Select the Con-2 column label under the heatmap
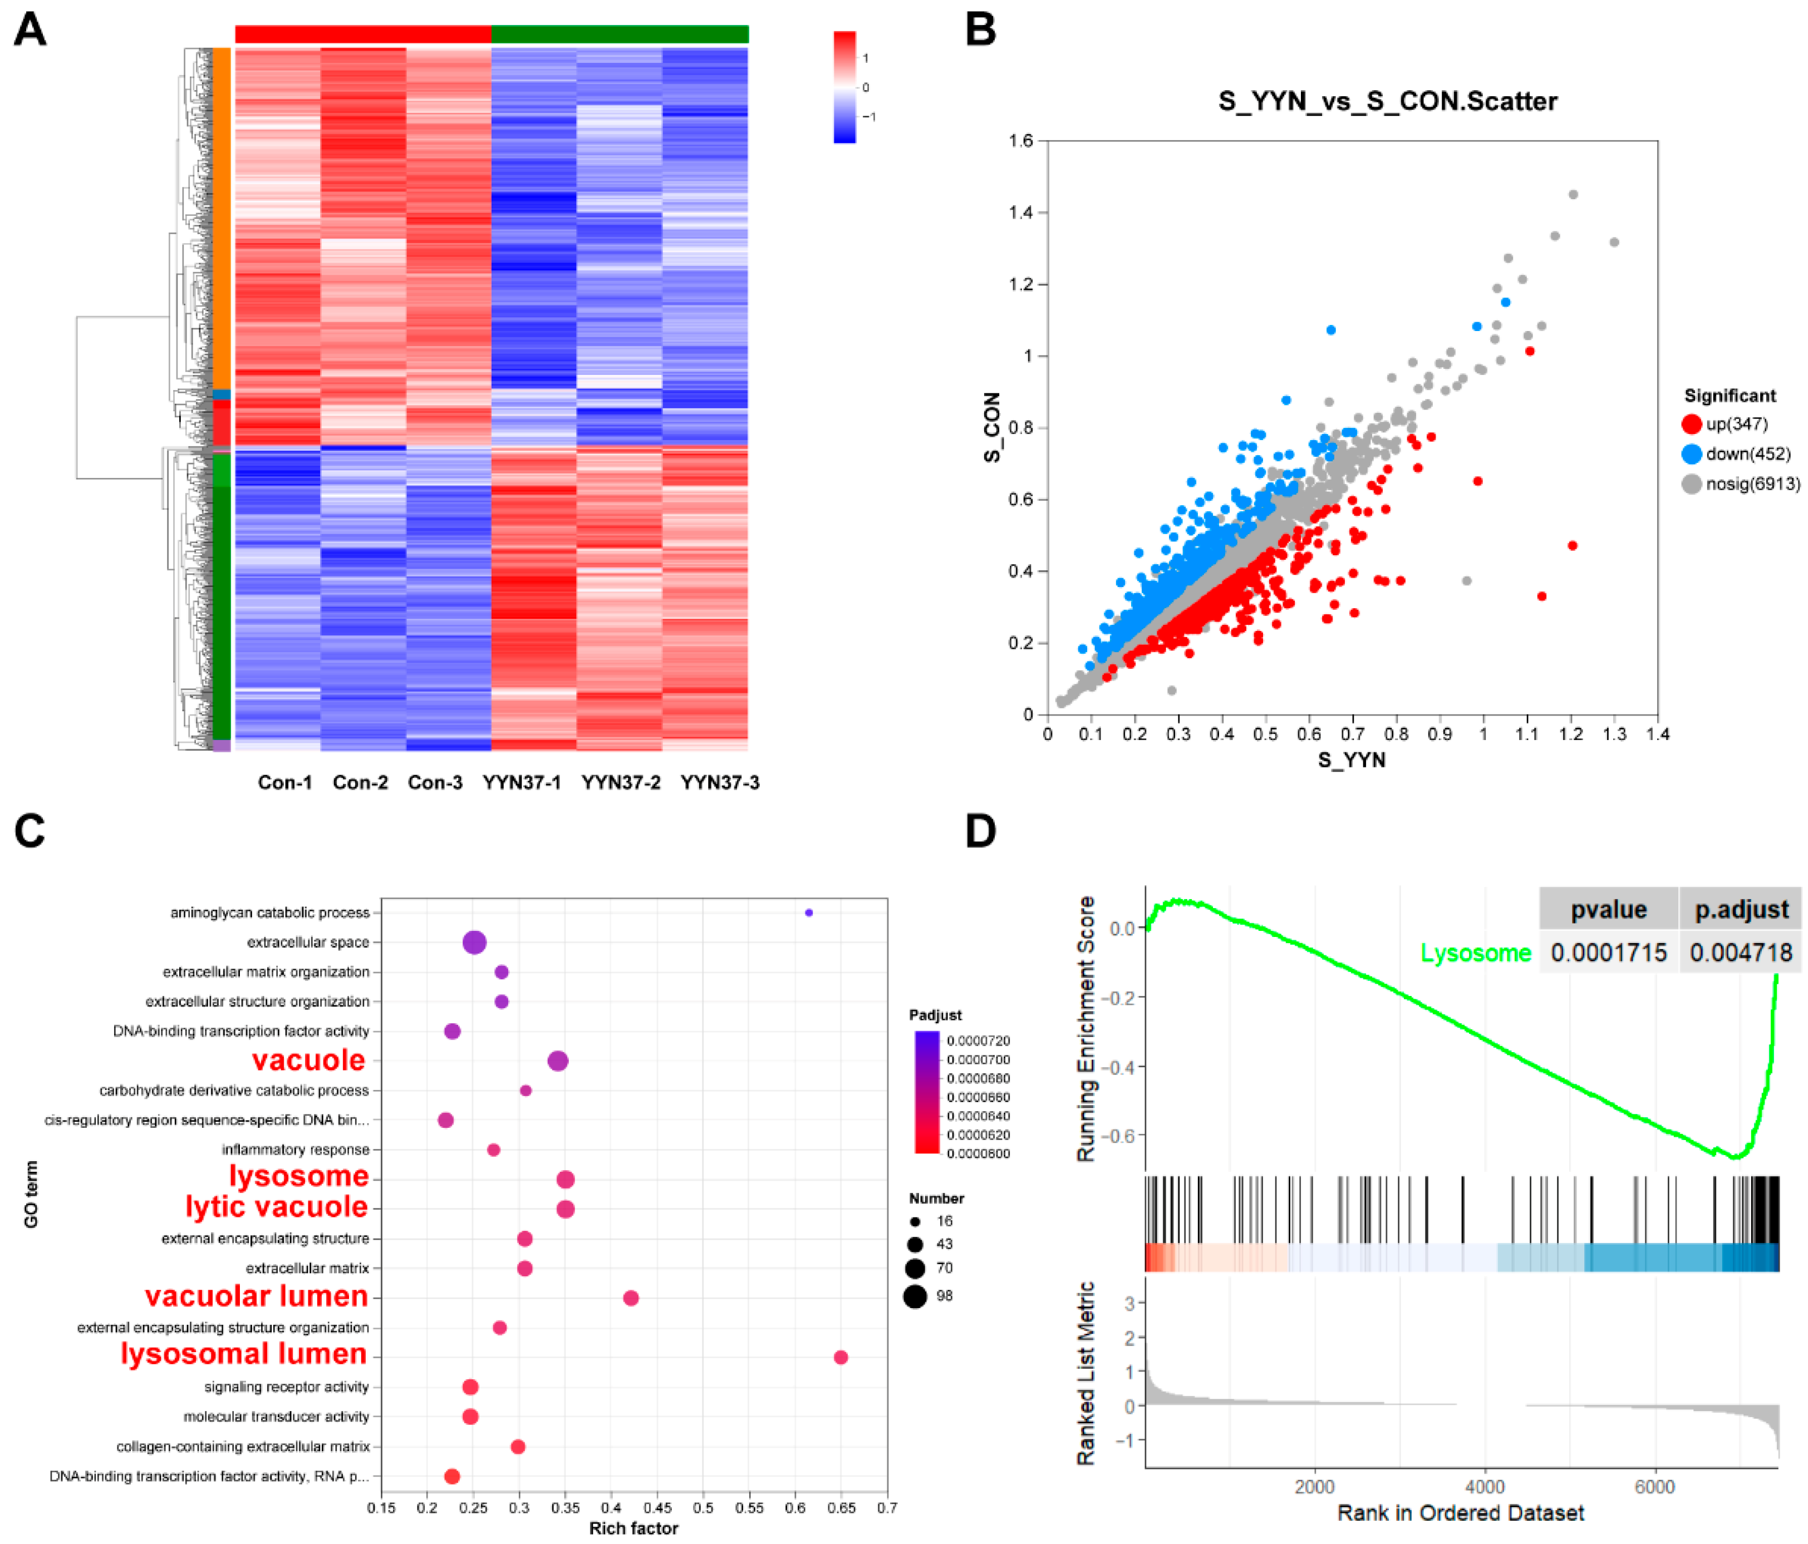click(x=360, y=782)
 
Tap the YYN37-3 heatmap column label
click(x=720, y=782)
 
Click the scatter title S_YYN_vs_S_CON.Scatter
click(x=1387, y=101)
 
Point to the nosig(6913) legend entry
click(x=1741, y=484)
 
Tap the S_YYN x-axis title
click(x=1352, y=760)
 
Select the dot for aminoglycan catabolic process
click(x=809, y=912)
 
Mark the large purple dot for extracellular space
click(x=474, y=942)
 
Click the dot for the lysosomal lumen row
click(x=841, y=1357)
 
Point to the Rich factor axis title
click(x=633, y=1528)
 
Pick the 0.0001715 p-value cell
click(x=1608, y=953)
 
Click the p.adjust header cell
click(x=1741, y=910)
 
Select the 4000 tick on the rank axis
click(x=1484, y=1487)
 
